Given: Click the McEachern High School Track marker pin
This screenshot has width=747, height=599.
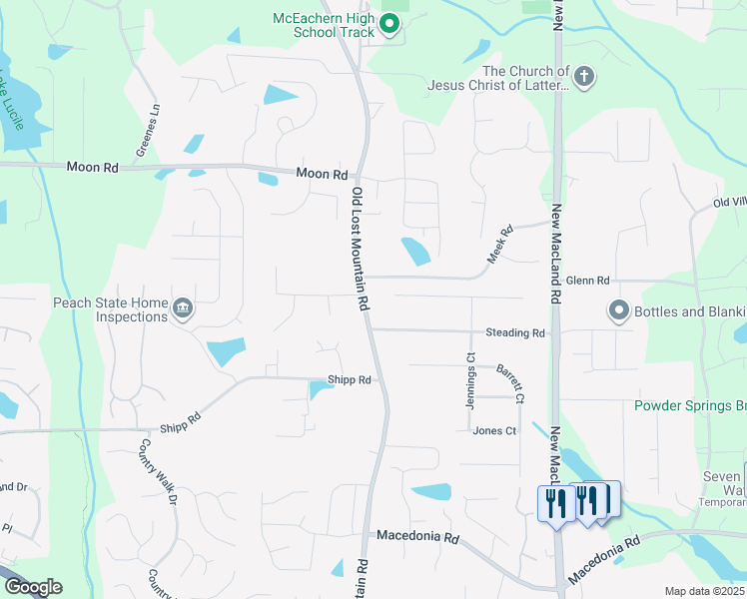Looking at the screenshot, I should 390,25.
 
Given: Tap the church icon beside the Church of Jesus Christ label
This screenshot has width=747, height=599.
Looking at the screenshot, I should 584,75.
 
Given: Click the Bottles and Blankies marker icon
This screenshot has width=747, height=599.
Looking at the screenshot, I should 619,311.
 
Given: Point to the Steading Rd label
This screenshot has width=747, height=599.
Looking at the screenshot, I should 515,332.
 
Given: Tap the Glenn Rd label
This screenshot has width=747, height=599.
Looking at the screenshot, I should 587,282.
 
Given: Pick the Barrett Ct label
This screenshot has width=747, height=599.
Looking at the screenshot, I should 509,376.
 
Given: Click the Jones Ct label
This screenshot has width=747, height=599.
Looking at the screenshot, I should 494,431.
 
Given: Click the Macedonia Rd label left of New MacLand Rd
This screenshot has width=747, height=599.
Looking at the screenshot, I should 416,537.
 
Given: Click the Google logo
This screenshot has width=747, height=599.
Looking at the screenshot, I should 32,587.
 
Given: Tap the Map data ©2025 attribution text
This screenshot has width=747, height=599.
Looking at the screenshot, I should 704,591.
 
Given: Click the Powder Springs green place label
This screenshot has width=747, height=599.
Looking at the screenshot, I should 690,405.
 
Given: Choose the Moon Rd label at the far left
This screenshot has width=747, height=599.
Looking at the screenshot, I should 92,168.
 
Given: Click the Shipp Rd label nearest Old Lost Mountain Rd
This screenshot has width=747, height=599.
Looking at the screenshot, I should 350,380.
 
